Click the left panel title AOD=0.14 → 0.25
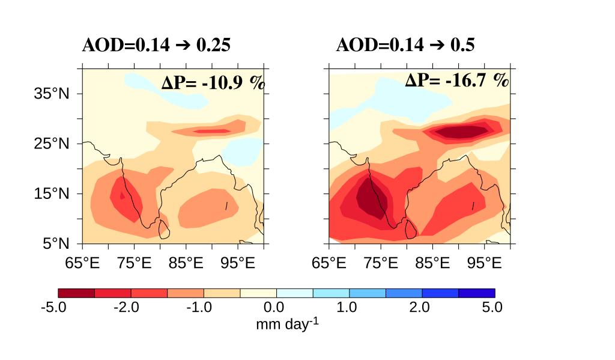coord(156,46)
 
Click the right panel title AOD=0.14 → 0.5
coord(405,46)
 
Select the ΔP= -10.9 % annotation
coord(213,83)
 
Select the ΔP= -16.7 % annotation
coord(456,80)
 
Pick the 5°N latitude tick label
coord(55,243)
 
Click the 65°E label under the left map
coord(82,263)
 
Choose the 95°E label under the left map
coord(238,263)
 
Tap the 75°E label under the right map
coord(381,263)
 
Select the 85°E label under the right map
coord(433,263)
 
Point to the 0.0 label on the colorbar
coord(276,308)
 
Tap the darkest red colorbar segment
coord(76,293)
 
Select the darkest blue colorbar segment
coord(476,293)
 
